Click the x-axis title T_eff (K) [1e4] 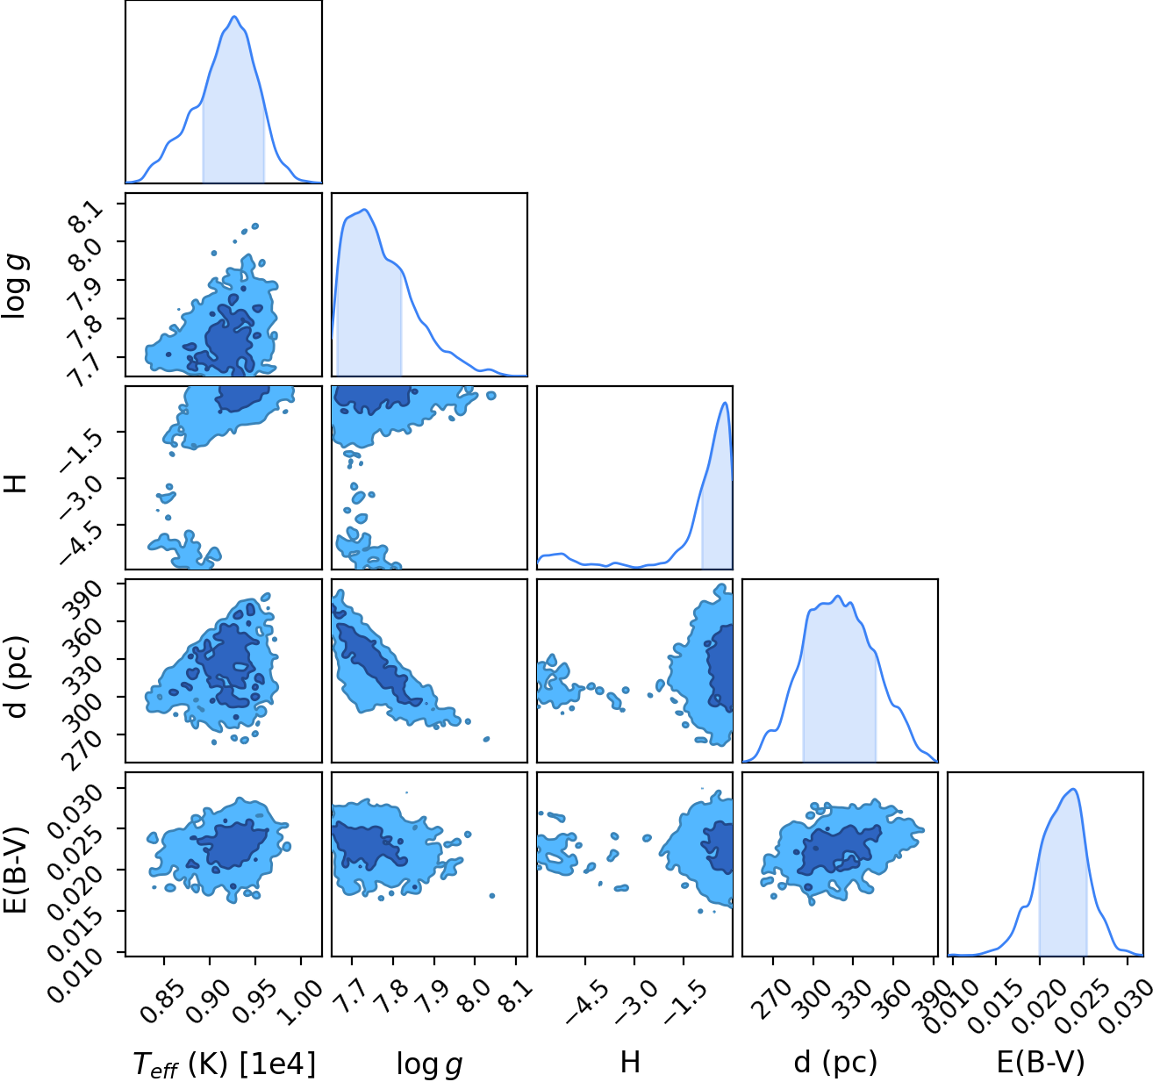tap(225, 1064)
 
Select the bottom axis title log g tap(429, 1064)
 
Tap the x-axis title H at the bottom tap(630, 1062)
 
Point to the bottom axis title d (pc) tap(835, 1063)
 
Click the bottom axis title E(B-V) tap(1041, 1063)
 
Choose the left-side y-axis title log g tap(15, 288)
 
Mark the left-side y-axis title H tap(15, 480)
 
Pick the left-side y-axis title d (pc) tap(17, 677)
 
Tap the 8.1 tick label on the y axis tap(88, 216)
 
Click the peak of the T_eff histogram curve tap(234, 17)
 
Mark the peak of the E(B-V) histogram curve tap(1073, 789)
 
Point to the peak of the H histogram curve tap(725, 403)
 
